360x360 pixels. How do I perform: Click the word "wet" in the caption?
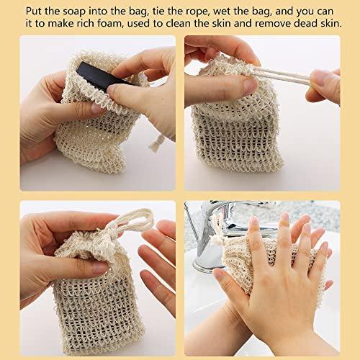point(222,12)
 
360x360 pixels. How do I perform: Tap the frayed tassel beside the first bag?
point(157,143)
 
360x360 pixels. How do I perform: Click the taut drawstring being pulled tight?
point(281,75)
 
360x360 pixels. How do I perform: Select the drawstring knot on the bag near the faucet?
point(218,238)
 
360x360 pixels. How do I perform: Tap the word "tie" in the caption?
point(158,12)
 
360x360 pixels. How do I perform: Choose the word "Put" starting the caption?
point(34,12)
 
